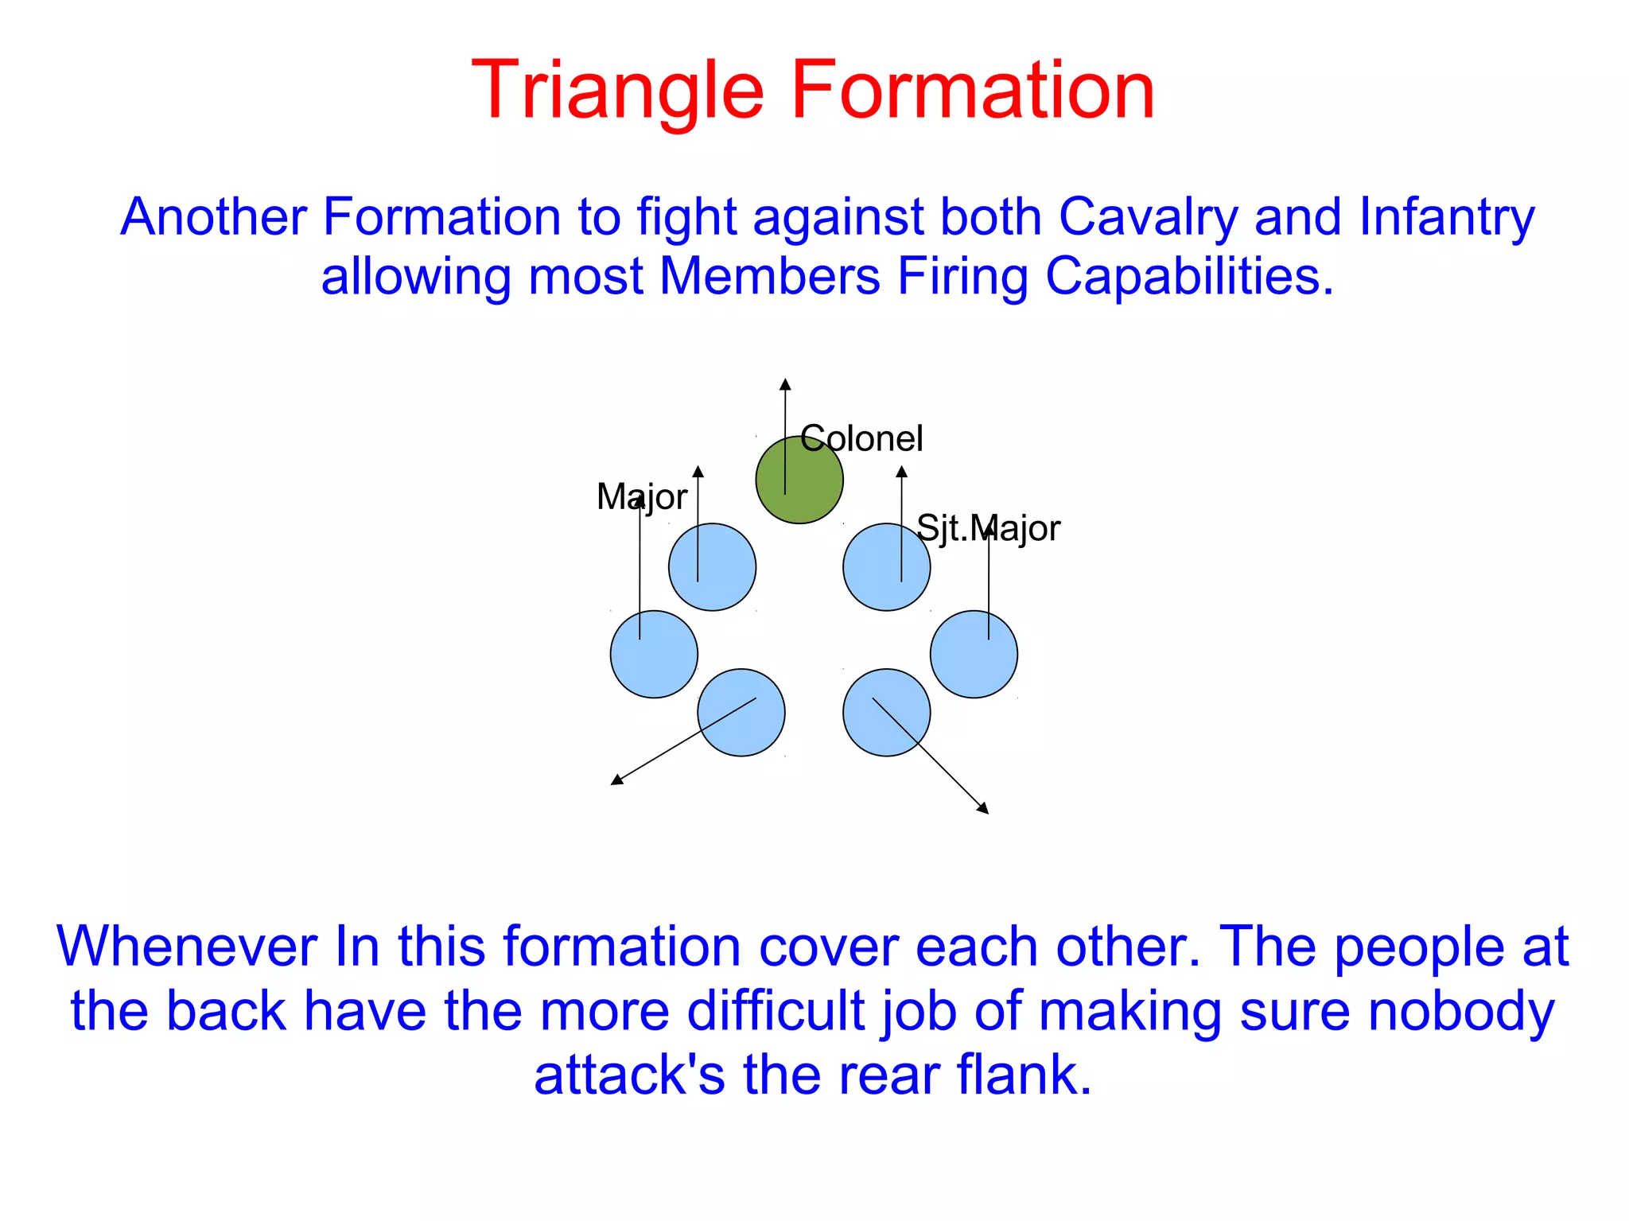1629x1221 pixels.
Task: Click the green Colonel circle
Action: point(799,480)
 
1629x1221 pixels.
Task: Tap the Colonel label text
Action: point(861,439)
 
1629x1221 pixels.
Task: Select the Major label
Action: point(641,497)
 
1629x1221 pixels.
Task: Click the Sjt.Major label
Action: point(988,529)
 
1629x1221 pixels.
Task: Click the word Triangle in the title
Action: point(617,91)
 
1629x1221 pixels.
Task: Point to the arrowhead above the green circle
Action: point(785,385)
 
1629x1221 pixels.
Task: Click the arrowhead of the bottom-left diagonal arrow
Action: point(616,780)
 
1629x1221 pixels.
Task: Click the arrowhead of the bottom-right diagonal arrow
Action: point(983,808)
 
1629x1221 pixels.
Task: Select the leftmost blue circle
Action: point(654,655)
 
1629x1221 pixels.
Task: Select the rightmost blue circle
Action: point(974,655)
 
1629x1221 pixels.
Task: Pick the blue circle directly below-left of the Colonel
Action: point(712,567)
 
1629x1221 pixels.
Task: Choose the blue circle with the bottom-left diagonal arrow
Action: point(741,713)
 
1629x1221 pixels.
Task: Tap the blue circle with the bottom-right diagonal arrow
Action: point(886,713)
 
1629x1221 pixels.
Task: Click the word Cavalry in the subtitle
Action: point(1148,217)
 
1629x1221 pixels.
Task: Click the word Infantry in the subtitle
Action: point(1446,217)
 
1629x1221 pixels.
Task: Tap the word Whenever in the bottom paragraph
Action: point(186,947)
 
